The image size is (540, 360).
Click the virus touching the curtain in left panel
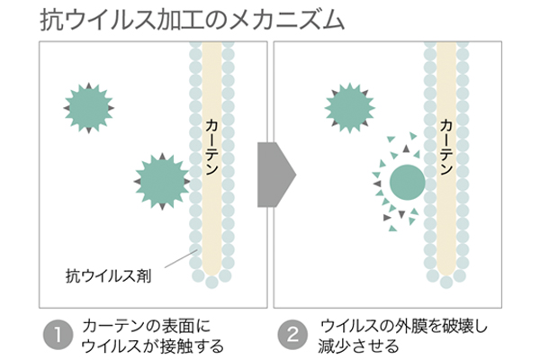click(160, 180)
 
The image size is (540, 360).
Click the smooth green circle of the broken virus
click(407, 183)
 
